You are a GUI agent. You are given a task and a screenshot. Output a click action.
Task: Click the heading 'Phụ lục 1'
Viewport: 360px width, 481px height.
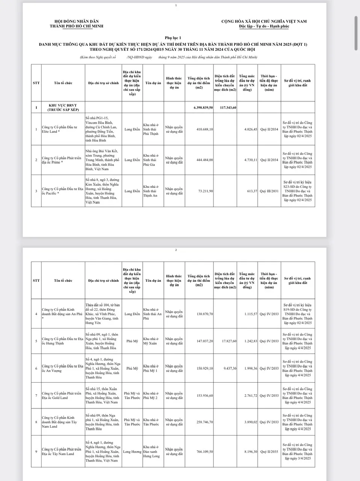click(x=173, y=38)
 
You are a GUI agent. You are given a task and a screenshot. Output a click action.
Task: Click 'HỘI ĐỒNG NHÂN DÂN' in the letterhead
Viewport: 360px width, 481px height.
click(x=76, y=22)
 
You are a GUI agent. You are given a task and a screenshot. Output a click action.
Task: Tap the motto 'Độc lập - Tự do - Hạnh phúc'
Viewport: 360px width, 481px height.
click(x=264, y=26)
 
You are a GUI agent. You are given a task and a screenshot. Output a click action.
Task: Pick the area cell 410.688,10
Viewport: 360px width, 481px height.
click(x=205, y=129)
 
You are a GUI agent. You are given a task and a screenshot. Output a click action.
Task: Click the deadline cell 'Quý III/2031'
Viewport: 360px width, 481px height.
click(x=269, y=191)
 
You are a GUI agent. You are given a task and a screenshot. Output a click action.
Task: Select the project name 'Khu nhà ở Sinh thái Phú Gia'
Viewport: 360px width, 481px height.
click(x=151, y=160)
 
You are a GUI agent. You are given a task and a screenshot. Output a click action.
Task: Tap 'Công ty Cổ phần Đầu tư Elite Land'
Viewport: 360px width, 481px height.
click(x=59, y=129)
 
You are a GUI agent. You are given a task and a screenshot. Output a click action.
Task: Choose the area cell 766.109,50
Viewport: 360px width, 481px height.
click(x=205, y=452)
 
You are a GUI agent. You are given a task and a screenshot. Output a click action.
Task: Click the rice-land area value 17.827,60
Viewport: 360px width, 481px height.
click(x=229, y=341)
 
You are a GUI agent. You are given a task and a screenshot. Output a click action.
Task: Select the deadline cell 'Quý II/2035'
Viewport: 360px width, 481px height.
click(x=269, y=452)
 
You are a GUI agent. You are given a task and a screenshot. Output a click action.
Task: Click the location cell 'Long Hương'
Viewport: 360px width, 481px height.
click(x=132, y=452)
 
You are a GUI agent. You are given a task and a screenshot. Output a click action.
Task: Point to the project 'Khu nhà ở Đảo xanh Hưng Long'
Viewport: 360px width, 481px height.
click(x=151, y=452)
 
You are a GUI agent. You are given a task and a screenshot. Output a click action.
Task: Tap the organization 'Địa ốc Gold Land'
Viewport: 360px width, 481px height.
click(x=61, y=396)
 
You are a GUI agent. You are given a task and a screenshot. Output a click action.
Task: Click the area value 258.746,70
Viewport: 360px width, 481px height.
click(x=205, y=422)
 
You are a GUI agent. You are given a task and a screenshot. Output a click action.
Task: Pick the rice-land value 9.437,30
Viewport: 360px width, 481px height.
click(x=229, y=368)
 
